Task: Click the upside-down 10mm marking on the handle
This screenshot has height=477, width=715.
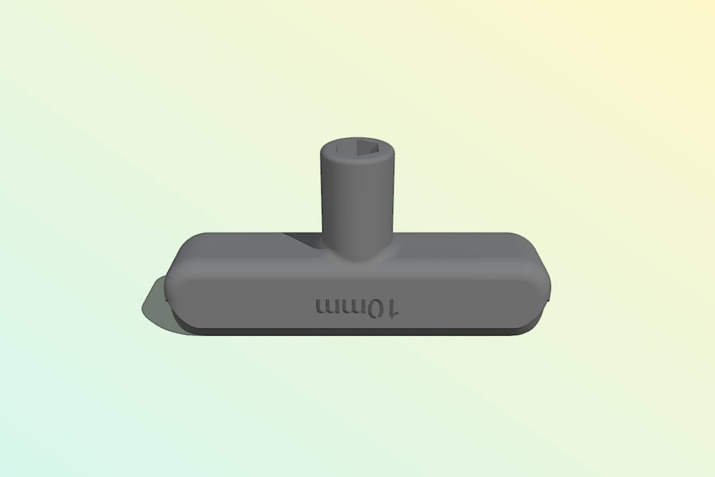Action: (x=357, y=308)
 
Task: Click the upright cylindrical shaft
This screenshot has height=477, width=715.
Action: (x=357, y=199)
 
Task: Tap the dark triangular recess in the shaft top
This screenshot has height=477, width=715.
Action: (x=367, y=147)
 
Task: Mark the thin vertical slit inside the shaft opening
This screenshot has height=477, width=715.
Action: (x=336, y=147)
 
